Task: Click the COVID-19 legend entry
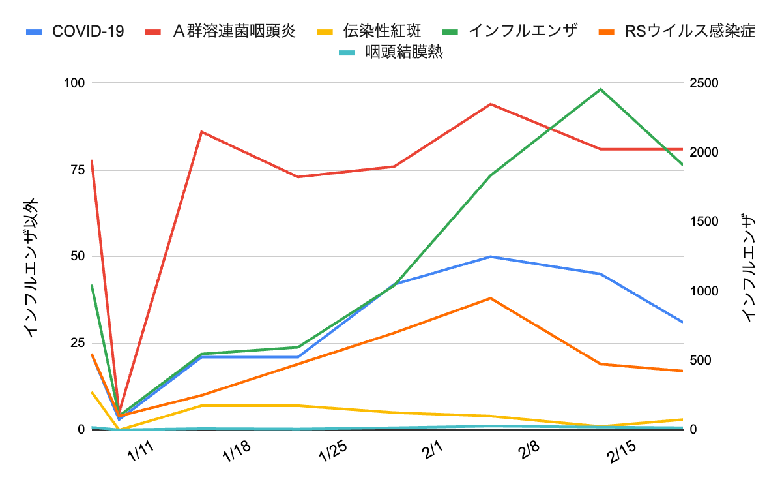(87, 31)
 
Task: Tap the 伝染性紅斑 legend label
(382, 31)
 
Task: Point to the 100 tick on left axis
(74, 83)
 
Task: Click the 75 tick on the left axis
(78, 170)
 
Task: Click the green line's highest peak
(600, 89)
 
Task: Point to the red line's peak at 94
(490, 104)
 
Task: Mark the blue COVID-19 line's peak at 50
(490, 256)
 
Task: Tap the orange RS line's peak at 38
(490, 298)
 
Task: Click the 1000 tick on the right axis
(701, 291)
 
